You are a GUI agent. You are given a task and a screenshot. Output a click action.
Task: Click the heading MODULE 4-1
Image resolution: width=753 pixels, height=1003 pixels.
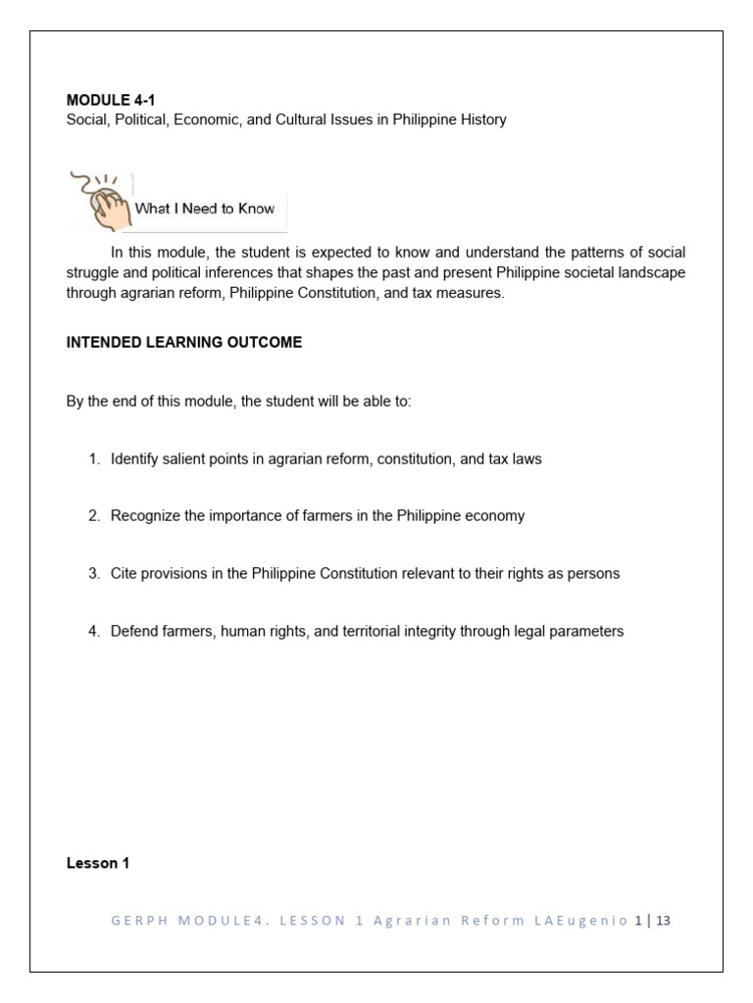point(110,100)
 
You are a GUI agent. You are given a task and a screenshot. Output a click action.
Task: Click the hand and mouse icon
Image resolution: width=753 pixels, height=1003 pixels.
point(99,199)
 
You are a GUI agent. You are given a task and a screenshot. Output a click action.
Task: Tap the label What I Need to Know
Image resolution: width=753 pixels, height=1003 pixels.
point(204,208)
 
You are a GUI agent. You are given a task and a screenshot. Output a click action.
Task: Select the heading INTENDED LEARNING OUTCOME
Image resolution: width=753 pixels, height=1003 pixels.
point(183,342)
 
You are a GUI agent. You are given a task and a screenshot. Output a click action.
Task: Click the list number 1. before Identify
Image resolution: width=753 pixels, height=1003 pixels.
point(94,458)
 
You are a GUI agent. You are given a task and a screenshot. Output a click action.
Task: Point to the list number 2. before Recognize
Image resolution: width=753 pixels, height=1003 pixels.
point(94,516)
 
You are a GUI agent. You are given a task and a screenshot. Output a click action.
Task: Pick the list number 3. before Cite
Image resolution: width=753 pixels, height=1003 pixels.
point(94,573)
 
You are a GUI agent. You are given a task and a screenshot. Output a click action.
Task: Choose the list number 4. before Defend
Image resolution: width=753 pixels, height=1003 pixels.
point(94,631)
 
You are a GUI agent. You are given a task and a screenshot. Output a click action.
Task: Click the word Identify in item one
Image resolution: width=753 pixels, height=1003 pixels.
point(135,458)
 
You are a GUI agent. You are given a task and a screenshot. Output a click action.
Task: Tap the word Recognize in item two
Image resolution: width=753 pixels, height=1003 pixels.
point(145,516)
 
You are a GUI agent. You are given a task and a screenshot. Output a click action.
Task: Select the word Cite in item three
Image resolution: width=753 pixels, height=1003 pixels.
point(125,573)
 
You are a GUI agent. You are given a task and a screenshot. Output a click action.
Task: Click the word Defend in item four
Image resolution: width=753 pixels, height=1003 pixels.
point(134,631)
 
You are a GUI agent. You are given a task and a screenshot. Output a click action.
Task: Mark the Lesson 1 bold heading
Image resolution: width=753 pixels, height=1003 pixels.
point(98,863)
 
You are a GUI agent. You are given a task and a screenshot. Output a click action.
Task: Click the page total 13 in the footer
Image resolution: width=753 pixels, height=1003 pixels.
point(664,921)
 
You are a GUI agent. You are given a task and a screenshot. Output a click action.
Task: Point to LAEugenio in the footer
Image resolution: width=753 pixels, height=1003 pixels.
point(587,921)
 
